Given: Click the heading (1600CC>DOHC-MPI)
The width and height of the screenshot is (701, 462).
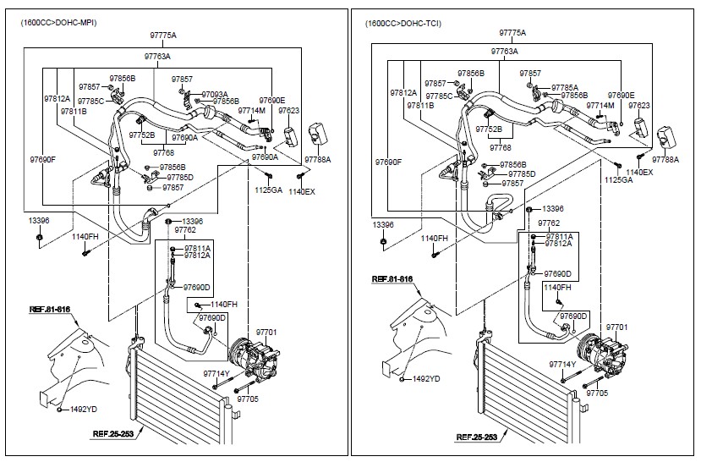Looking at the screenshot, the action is tap(58, 23).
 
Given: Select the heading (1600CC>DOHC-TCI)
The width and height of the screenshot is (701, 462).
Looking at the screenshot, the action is tap(403, 23).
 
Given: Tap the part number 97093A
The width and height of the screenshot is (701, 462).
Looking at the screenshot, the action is tap(215, 95).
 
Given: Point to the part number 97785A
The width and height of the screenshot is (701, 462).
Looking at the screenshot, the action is tap(565, 88).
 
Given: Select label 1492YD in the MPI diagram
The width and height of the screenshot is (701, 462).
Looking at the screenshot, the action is tap(84, 410).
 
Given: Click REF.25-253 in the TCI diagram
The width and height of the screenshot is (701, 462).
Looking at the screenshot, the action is tap(477, 437).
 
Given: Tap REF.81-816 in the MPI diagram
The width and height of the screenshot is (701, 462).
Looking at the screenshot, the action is tap(50, 310).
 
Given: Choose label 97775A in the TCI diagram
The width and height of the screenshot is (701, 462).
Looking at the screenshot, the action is tap(512, 33).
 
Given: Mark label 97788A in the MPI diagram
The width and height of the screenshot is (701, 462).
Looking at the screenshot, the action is tap(317, 159).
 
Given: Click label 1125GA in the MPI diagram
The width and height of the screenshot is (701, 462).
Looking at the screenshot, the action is tap(268, 190).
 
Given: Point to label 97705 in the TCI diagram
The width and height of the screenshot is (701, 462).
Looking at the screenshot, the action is tap(597, 393).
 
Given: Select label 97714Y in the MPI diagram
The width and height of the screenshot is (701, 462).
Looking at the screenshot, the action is tap(216, 373).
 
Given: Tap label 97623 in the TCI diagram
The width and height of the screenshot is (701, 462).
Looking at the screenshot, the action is tap(639, 106).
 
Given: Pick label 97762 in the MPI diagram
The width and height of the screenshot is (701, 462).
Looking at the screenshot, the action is tap(185, 230).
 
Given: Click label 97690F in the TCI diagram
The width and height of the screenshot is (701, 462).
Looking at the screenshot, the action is tap(388, 162).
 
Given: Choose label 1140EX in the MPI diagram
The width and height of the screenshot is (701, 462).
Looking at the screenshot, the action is tap(302, 192).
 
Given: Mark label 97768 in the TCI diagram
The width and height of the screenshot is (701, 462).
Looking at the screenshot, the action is tap(501, 147).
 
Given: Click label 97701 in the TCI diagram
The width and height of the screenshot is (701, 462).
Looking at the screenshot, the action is tap(617, 327).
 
